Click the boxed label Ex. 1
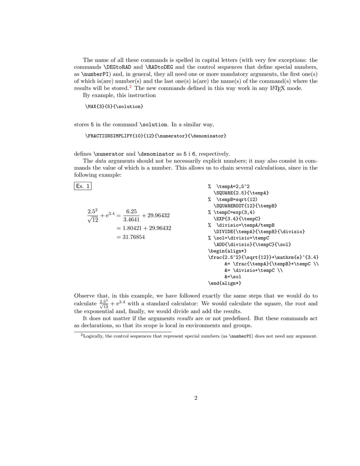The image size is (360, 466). pos(83,186)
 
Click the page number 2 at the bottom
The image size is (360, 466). pos(196,398)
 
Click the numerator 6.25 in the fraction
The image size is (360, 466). pos(131,211)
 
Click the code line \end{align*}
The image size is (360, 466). pos(225,283)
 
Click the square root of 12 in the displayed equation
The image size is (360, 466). pos(93,220)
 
